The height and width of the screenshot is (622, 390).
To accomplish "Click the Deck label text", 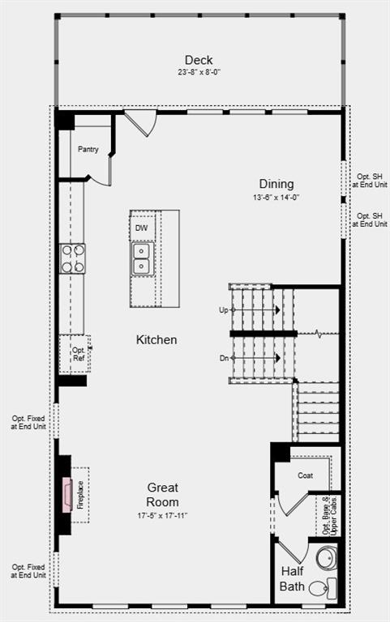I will point(199,60).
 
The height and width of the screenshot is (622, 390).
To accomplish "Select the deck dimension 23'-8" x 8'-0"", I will point(199,72).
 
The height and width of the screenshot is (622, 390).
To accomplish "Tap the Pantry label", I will point(88,150).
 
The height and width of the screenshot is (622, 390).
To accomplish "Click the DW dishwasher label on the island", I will point(141,228).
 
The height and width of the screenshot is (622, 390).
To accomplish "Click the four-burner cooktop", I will point(72,258).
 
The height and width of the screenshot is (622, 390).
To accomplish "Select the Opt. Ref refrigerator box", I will point(76,354).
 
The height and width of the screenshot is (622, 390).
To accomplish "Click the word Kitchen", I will point(156,340).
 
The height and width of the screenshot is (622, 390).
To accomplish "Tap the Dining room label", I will point(276,184).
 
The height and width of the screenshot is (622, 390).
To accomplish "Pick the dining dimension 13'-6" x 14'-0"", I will point(276,197).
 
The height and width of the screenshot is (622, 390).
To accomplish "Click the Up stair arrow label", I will point(223,310).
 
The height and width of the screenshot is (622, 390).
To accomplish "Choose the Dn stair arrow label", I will point(223,357).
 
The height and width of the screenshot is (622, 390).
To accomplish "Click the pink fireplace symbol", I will point(67,496).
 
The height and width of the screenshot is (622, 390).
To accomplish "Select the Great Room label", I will point(163,495).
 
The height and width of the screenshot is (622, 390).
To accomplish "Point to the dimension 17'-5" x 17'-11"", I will point(163,515).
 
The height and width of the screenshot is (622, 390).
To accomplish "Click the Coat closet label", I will point(305,475).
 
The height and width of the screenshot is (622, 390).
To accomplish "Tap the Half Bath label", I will point(293,578).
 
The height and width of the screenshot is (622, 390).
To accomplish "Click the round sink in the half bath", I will point(327,558).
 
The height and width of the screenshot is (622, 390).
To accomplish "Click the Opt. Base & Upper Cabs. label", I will point(328,514).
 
